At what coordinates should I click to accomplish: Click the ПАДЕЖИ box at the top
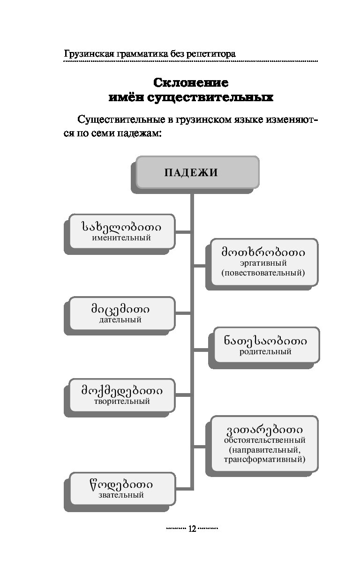[x=197, y=172]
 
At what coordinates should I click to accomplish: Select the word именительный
[x=121, y=238]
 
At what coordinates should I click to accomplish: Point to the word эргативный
[x=263, y=263]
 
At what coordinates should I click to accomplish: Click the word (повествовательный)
[x=263, y=273]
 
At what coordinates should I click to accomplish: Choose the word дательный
[x=120, y=320]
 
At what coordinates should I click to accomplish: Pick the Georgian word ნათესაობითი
[x=265, y=341]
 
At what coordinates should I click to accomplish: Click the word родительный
[x=265, y=352]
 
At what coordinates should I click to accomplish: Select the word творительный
[x=122, y=401]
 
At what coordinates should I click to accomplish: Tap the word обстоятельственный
[x=264, y=440]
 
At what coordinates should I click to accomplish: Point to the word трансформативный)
[x=264, y=459]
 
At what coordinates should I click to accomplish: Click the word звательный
[x=121, y=495]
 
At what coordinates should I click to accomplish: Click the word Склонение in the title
[x=191, y=83]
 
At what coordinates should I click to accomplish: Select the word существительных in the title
[x=210, y=97]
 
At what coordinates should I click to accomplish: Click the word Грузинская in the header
[x=89, y=54]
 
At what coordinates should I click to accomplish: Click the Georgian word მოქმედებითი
[x=122, y=390]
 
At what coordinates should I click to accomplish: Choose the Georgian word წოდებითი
[x=121, y=484]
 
